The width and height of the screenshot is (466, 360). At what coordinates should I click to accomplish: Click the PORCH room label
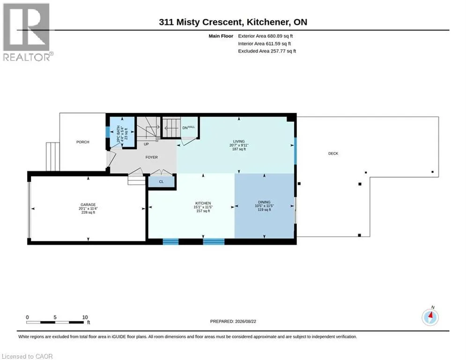click(x=82, y=142)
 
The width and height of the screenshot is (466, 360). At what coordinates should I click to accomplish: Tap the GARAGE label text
click(x=88, y=205)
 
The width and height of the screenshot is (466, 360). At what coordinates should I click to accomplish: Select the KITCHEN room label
click(x=203, y=203)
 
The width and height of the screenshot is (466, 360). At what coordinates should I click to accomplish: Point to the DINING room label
click(x=264, y=202)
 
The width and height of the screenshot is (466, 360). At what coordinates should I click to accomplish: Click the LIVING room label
click(x=239, y=141)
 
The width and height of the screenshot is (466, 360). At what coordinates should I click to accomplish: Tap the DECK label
click(x=333, y=154)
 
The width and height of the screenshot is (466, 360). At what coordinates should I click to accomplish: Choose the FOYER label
click(x=152, y=157)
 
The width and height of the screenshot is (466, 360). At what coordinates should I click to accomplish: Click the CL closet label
click(x=161, y=181)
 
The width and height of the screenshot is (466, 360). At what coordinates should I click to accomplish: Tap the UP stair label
click(x=146, y=144)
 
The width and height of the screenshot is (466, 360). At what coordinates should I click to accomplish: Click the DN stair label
click(x=185, y=127)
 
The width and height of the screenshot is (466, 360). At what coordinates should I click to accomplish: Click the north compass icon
click(x=430, y=317)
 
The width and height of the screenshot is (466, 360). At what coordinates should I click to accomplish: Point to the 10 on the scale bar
click(x=85, y=317)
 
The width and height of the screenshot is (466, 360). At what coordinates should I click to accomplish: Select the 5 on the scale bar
click(x=55, y=317)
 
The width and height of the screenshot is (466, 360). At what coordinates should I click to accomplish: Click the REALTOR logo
click(x=27, y=32)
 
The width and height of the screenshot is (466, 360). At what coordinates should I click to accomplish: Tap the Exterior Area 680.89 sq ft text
click(x=266, y=36)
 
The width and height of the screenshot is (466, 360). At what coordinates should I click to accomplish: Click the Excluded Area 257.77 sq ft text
click(x=267, y=51)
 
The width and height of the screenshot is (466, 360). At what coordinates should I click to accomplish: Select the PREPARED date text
click(x=233, y=321)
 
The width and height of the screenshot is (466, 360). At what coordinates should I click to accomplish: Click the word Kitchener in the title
click(x=267, y=22)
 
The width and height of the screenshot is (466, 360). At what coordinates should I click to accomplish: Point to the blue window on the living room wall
click(x=295, y=150)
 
